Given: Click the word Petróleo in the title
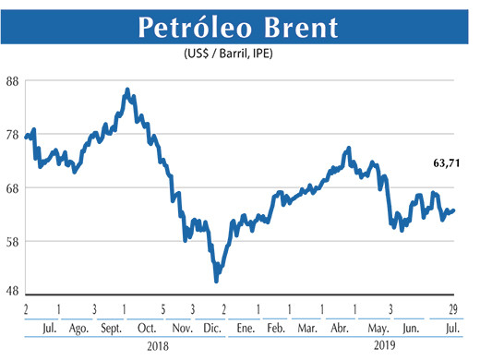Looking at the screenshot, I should [x=195, y=27].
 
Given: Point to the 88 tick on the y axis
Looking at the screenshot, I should [x=12, y=80].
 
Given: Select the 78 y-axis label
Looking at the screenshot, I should [x=12, y=134].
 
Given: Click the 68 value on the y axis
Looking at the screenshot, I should [x=12, y=187].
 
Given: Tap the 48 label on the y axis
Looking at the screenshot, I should [x=12, y=290].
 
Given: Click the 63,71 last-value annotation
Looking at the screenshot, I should [x=447, y=163].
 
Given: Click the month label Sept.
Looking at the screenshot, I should [x=111, y=328].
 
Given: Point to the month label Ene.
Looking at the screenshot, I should [x=246, y=328].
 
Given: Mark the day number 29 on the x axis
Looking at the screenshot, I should [x=452, y=308].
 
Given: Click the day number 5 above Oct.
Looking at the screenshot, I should [x=162, y=308].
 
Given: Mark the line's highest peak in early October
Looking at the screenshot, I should [x=127, y=90].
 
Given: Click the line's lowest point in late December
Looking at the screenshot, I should [x=216, y=280].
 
